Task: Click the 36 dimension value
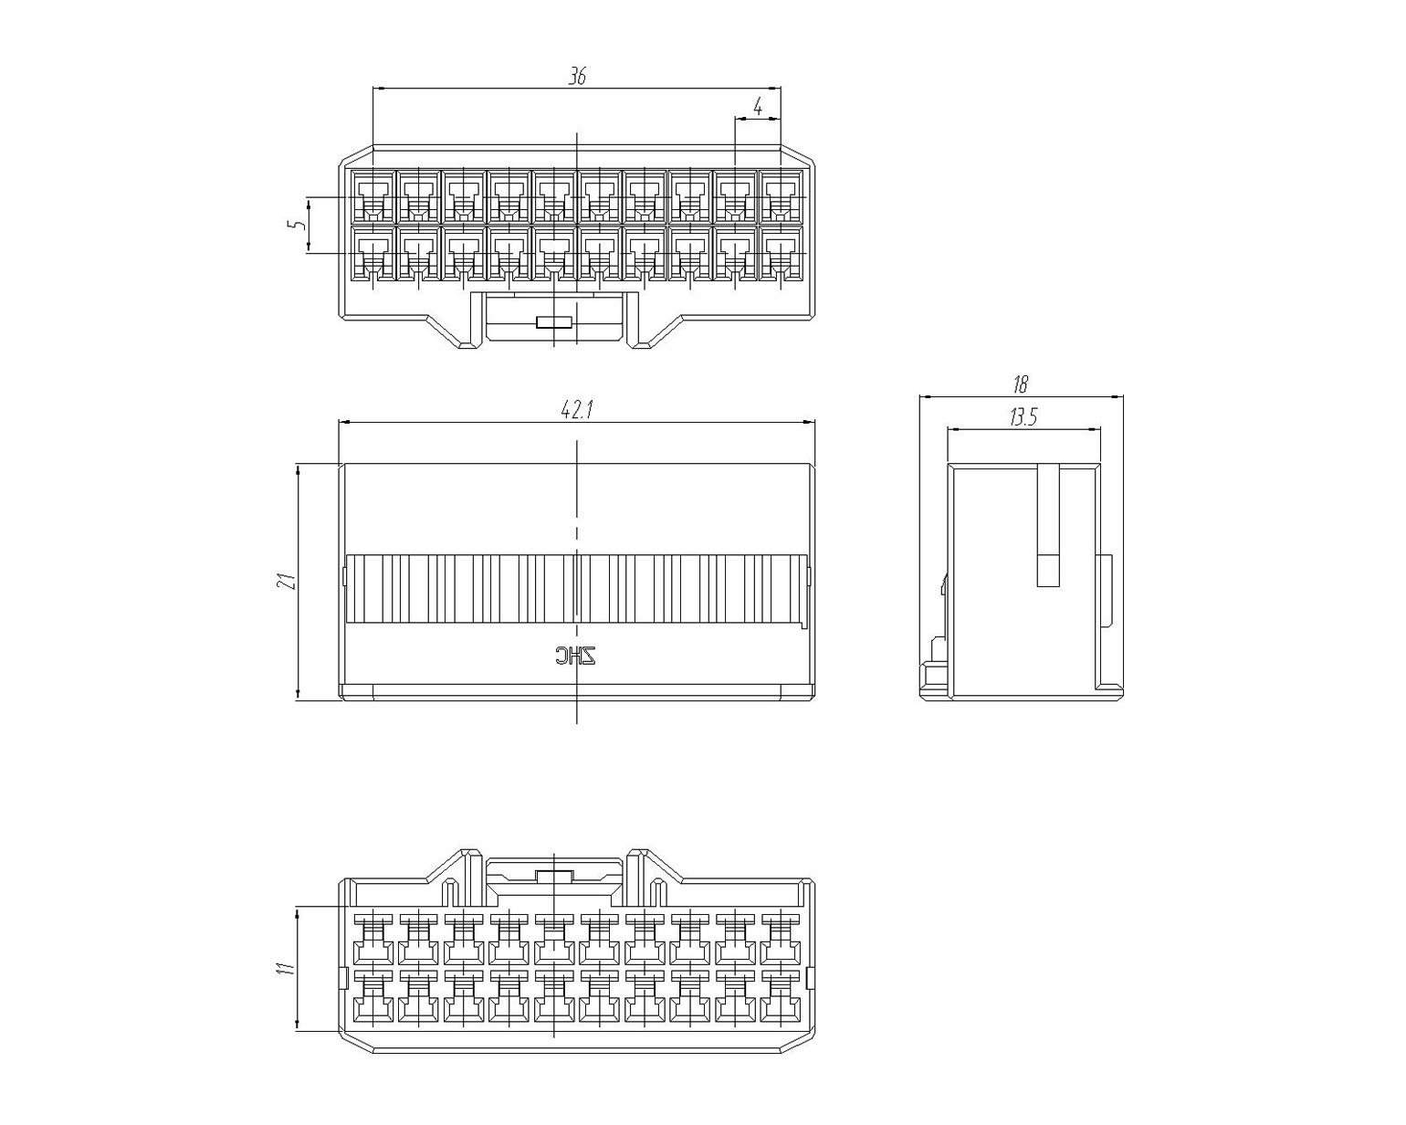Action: click(577, 77)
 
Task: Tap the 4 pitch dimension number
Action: click(758, 106)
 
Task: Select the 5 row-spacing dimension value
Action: click(298, 225)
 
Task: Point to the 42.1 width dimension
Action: click(577, 410)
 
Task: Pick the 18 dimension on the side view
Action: click(1020, 384)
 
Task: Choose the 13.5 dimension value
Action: click(1023, 417)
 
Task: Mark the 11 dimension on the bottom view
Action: click(286, 968)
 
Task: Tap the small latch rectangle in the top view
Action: click(554, 321)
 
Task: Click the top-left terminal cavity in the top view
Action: click(373, 196)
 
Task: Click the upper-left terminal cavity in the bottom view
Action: click(373, 940)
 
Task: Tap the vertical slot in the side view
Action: click(1048, 526)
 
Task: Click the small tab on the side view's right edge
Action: click(1105, 593)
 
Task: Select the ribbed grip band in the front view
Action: click(576, 589)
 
